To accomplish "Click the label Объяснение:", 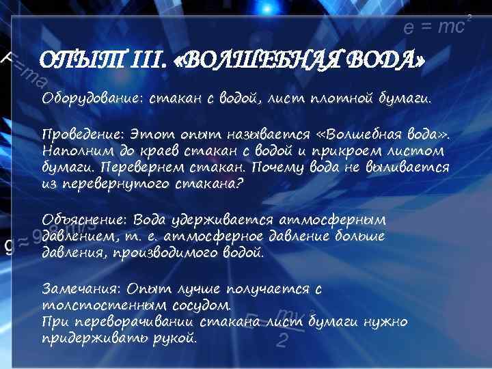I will point(85,220).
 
